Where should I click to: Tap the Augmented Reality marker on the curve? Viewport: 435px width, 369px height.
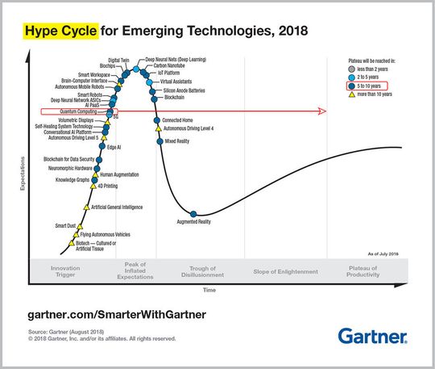click(x=193, y=213)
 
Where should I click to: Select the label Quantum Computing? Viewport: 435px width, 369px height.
click(x=79, y=110)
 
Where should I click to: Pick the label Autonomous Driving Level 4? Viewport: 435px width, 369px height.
click(x=188, y=128)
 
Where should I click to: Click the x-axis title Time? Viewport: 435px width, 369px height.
click(x=209, y=289)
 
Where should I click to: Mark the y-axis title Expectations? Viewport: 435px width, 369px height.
click(x=23, y=179)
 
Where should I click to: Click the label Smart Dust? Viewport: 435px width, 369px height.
click(x=66, y=225)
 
